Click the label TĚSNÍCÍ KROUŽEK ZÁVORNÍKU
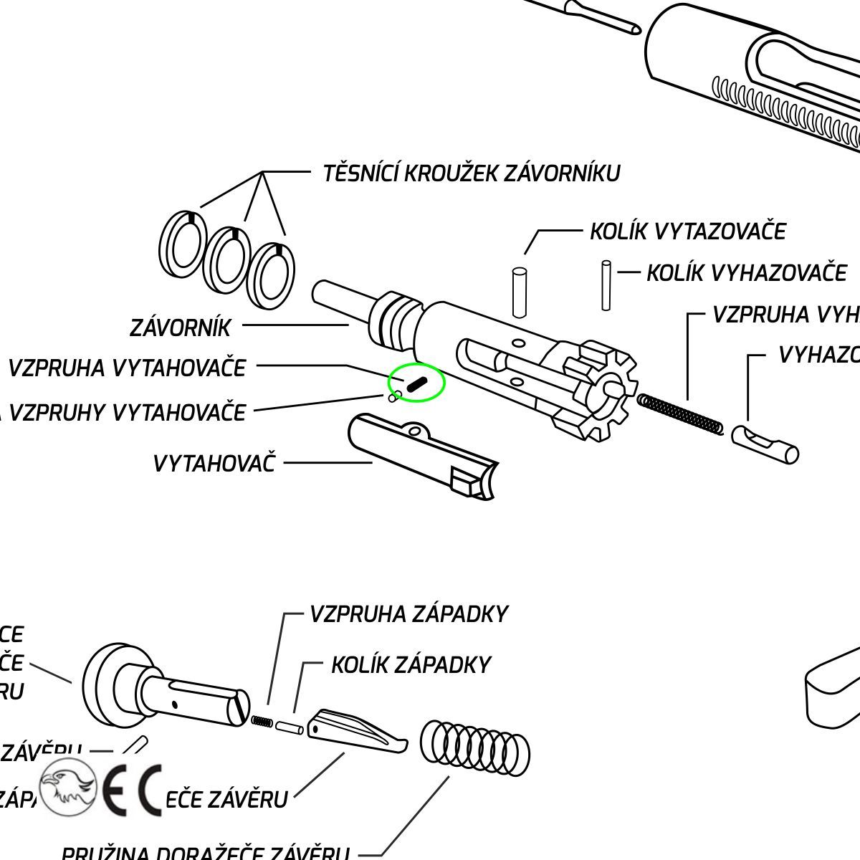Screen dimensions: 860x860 [x=471, y=173]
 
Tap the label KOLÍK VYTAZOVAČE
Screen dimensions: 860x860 [x=687, y=231]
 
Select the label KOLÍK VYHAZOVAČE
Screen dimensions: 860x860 [x=746, y=273]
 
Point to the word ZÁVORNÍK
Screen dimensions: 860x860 [x=181, y=328]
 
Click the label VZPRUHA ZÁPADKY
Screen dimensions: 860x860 [x=408, y=614]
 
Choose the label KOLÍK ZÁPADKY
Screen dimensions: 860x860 [x=410, y=665]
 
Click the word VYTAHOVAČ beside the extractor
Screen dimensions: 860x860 [x=214, y=463]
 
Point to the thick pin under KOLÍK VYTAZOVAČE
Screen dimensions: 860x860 [x=520, y=292]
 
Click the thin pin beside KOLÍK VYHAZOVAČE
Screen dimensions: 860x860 [x=606, y=285]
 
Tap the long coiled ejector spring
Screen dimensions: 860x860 [x=679, y=414]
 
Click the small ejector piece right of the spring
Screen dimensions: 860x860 [x=765, y=444]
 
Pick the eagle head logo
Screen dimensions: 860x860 [x=68, y=787]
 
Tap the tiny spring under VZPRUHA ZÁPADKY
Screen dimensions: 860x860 [x=262, y=721]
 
